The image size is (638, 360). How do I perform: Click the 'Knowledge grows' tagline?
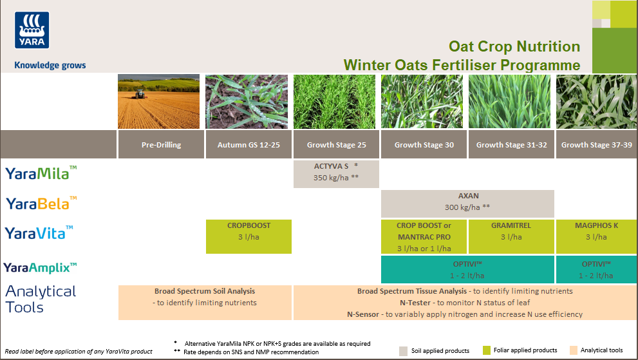click(x=50, y=65)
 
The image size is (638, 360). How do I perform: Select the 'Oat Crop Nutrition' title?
click(x=514, y=46)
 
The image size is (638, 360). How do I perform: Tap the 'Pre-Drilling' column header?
click(x=161, y=145)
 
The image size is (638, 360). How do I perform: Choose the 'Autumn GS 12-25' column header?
click(x=249, y=145)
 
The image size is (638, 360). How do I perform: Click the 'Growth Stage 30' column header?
click(x=424, y=145)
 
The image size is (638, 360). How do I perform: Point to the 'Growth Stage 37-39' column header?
click(x=596, y=145)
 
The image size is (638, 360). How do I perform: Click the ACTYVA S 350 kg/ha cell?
click(x=336, y=172)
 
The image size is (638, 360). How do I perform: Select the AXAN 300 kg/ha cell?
click(x=467, y=202)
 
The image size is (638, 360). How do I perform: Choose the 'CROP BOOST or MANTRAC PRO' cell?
click(x=424, y=236)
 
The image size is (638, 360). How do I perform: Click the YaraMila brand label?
click(x=41, y=173)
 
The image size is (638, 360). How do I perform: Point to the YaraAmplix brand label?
click(x=41, y=267)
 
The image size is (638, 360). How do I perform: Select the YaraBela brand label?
click(x=41, y=204)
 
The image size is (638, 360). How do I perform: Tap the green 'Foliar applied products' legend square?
click(x=486, y=350)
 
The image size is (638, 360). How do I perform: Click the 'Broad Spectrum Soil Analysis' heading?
click(x=205, y=291)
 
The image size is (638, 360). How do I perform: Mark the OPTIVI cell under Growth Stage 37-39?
click(x=596, y=269)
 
